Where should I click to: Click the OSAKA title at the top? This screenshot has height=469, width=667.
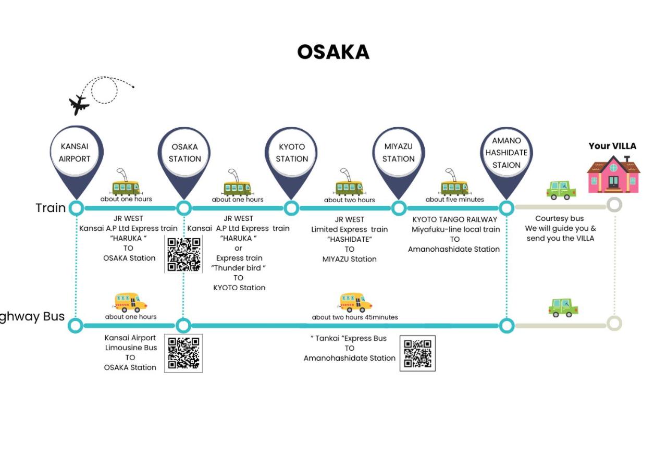[x=333, y=52]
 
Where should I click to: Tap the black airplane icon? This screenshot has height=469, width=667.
[x=79, y=105]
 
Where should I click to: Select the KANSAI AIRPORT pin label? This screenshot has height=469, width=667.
[x=75, y=153]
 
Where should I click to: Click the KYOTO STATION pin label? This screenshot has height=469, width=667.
[x=292, y=153]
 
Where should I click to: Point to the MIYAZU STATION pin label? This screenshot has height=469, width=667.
[x=399, y=153]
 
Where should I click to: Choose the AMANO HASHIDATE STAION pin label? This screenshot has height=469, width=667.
[x=506, y=153]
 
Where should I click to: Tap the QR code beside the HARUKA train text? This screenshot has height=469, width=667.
[x=183, y=254]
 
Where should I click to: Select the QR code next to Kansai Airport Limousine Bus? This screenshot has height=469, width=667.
[x=183, y=353]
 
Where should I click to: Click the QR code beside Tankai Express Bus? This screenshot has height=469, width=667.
[x=417, y=353]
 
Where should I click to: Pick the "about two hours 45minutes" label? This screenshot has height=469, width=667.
[x=355, y=317]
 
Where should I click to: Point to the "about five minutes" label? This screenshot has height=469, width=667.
[x=455, y=199]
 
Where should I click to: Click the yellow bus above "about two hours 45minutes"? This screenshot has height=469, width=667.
[x=356, y=302]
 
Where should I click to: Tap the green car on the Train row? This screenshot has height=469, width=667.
[x=561, y=190]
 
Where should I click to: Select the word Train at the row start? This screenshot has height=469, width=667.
[x=51, y=208]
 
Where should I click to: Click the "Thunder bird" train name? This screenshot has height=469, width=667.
[x=238, y=268]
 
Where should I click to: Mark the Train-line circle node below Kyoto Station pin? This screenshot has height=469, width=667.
[x=291, y=208]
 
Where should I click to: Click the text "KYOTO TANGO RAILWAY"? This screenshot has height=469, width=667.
[x=455, y=219]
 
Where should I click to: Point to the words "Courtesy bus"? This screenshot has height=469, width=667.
[x=560, y=218]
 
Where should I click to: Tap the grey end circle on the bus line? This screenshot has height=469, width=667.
[x=614, y=324]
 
